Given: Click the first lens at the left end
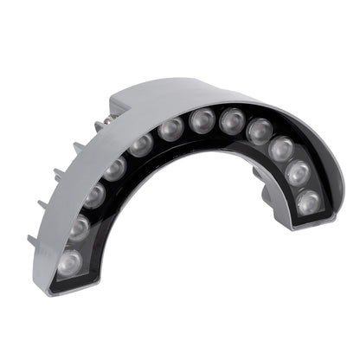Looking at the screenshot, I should coord(70,259).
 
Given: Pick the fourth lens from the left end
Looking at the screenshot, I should coord(114,167).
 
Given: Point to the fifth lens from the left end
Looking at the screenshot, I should coord(141,144).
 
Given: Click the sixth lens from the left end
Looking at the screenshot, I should coord(171,128).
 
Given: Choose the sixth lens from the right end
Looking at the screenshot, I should coord(202,119).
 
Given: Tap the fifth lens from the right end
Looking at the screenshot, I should coord(232,119).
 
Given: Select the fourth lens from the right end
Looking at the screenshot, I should coord(259,131).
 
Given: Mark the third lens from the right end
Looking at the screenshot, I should coord(280,149).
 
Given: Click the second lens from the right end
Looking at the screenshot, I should coord(297,173).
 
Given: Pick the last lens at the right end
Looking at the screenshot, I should coord(308,202).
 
